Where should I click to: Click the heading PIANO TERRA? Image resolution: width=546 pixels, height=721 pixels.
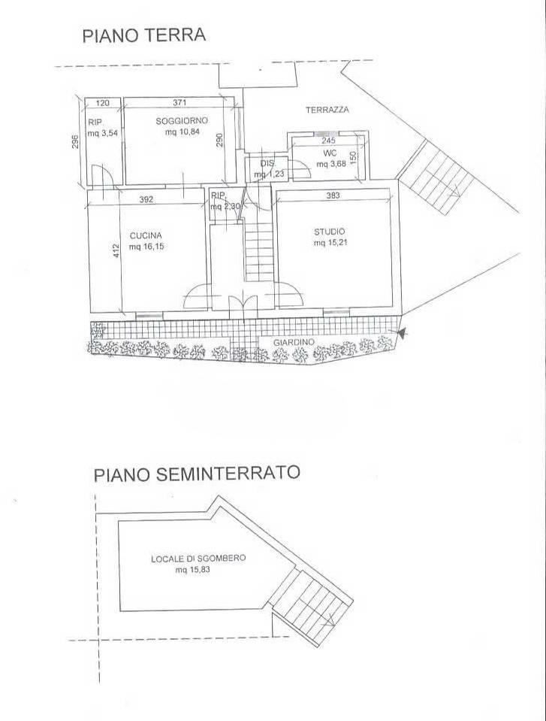(143, 36)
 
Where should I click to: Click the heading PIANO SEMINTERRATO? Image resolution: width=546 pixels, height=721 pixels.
(196, 474)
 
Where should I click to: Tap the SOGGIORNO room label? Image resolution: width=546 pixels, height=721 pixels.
(181, 121)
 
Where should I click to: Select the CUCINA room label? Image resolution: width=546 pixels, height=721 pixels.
(145, 234)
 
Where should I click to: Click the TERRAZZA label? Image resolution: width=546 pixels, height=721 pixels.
(327, 110)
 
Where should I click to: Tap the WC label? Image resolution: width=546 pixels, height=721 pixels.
(328, 153)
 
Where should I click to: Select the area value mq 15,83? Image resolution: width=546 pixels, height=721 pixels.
(192, 570)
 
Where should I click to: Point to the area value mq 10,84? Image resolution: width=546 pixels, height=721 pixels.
(183, 132)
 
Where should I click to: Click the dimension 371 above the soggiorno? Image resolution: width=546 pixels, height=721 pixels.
(179, 103)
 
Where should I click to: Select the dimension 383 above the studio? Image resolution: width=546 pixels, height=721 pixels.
(333, 195)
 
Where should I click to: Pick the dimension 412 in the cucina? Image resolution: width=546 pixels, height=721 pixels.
(116, 250)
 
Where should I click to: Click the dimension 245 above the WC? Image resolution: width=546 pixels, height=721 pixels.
(327, 140)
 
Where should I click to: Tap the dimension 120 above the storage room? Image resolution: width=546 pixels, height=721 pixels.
(104, 103)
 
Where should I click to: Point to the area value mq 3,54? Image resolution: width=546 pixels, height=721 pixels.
(103, 134)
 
